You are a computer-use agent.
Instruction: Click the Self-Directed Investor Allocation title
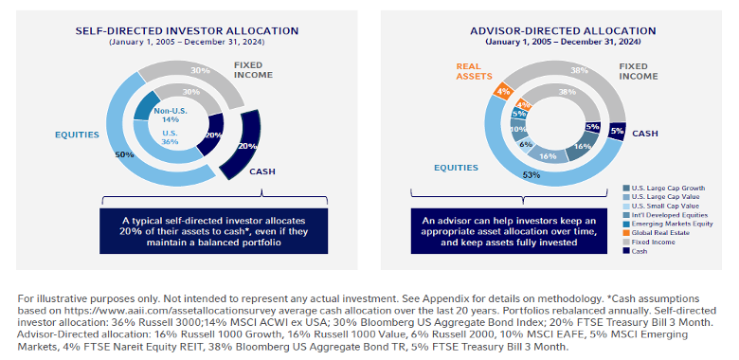(187, 31)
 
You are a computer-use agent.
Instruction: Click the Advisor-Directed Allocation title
(563, 31)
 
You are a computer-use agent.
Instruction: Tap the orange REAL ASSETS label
(473, 71)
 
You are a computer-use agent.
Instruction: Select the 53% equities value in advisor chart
(532, 175)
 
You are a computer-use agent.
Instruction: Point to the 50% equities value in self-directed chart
(124, 154)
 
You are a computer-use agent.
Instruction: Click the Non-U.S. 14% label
(171, 116)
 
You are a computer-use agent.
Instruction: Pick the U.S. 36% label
(171, 137)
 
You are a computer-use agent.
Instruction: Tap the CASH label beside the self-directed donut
(262, 171)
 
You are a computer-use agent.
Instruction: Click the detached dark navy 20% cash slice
(242, 145)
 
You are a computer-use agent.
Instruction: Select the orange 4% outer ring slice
(502, 90)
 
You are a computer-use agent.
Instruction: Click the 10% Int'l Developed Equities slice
(519, 130)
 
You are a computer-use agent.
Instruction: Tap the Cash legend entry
(635, 251)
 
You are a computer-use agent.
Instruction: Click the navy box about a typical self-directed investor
(213, 231)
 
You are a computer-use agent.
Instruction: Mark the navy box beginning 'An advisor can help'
(508, 231)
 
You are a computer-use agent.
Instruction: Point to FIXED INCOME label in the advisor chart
(639, 71)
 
